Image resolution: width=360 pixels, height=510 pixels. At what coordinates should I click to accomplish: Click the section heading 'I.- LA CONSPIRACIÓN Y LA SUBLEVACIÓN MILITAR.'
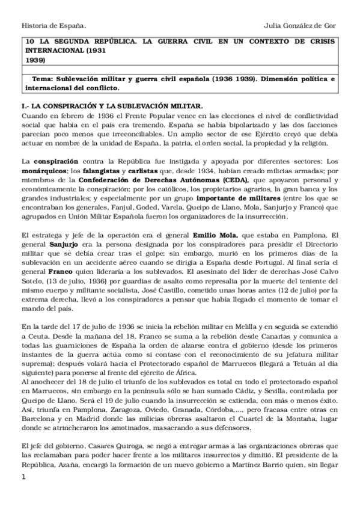coord(114,105)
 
